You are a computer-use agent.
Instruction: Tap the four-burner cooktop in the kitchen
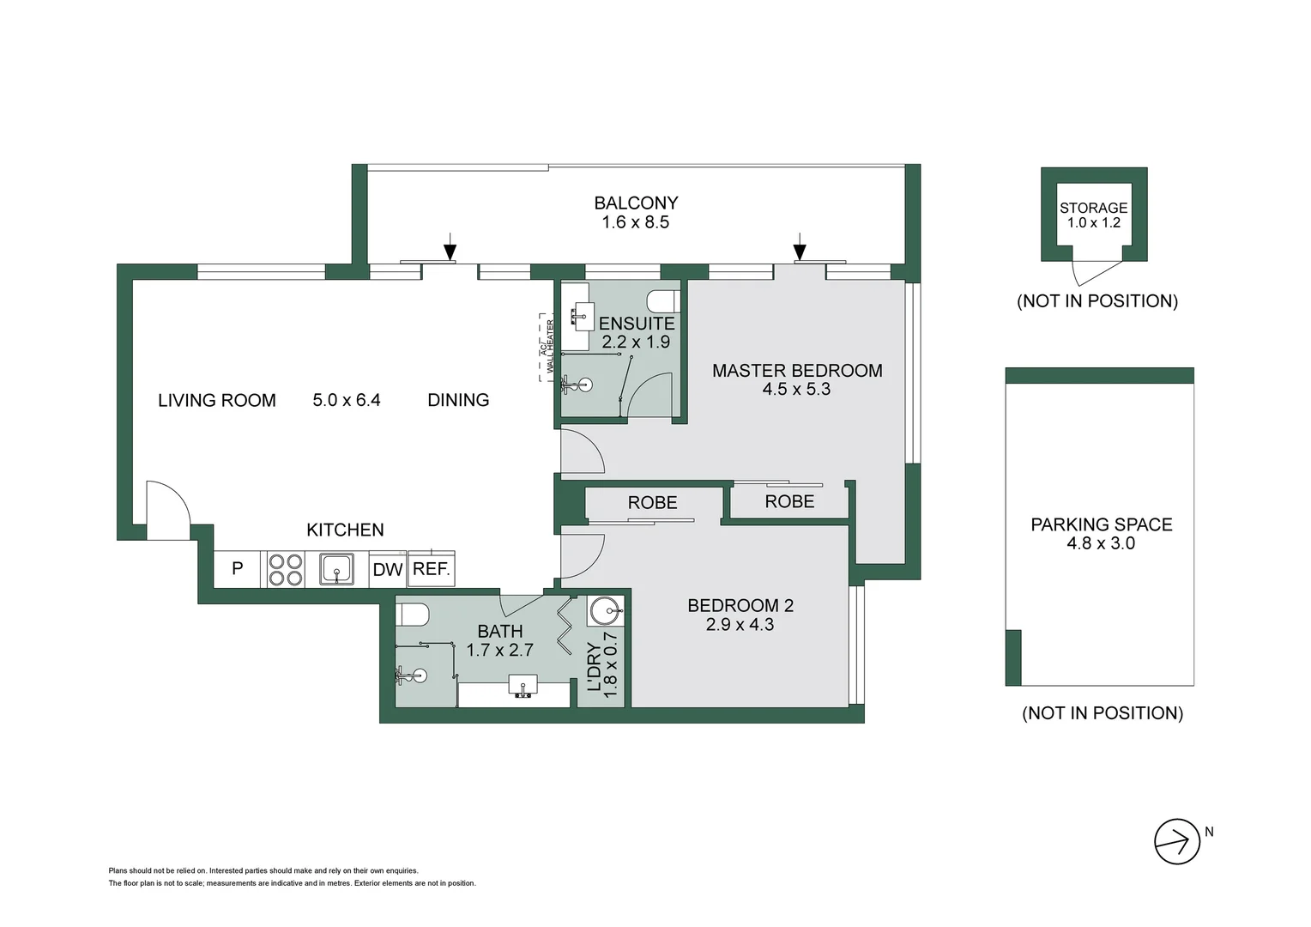[286, 569]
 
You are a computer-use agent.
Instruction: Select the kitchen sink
[337, 568]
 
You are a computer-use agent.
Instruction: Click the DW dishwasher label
[388, 569]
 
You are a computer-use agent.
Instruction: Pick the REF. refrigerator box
[431, 568]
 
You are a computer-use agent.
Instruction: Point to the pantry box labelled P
[238, 569]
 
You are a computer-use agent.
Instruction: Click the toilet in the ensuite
[664, 301]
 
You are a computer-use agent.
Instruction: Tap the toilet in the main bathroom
[413, 615]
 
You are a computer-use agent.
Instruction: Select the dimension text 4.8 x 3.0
[1101, 543]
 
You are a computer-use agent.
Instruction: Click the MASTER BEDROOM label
[797, 371]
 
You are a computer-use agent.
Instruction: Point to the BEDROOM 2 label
[740, 606]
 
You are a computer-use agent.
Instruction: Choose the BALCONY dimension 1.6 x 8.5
[635, 222]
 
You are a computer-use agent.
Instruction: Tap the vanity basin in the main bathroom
[523, 687]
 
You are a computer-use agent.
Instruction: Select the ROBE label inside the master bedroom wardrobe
[789, 501]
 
